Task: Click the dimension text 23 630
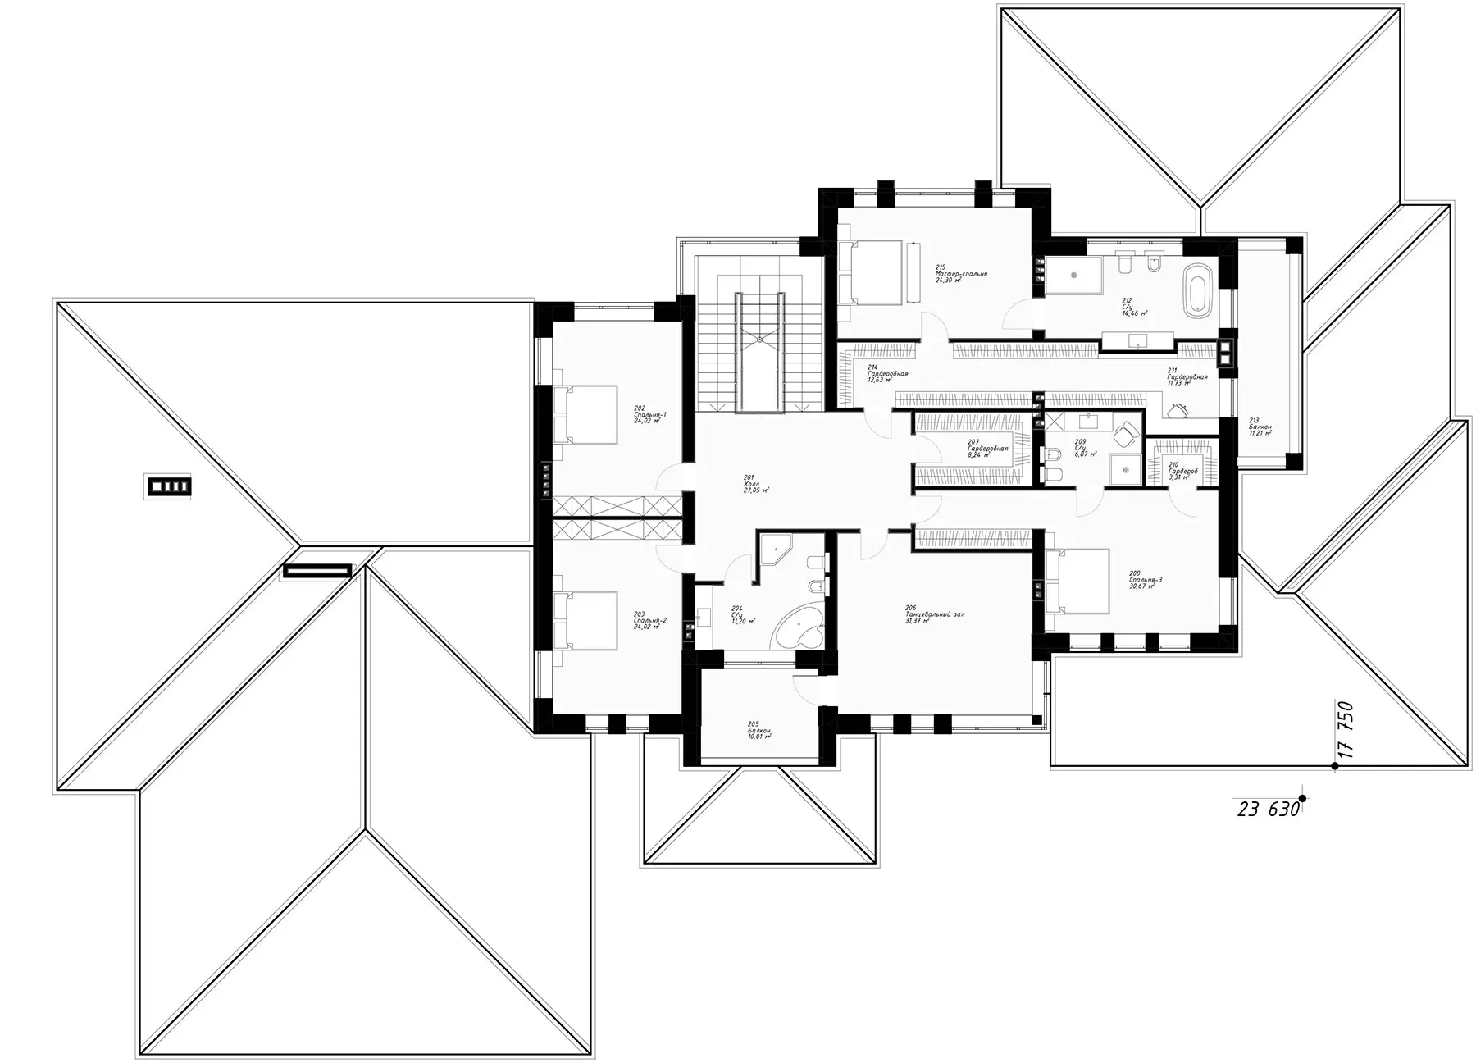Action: (1268, 810)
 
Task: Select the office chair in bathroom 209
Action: (1127, 432)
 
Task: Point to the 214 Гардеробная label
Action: (886, 373)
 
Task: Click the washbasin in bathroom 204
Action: (704, 615)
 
